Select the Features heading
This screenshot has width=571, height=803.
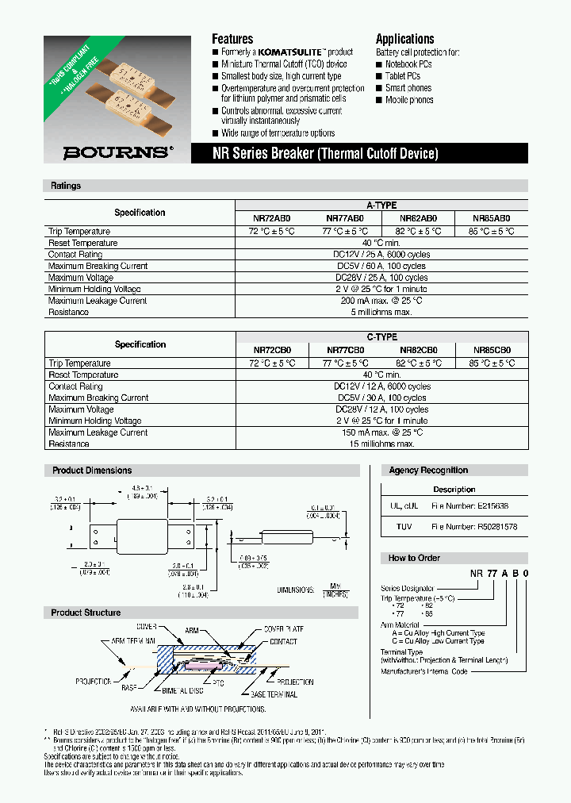pos(232,39)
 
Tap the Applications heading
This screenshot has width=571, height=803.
pos(404,39)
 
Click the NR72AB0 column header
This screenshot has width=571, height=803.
pos(272,217)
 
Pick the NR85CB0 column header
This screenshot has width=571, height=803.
pos(492,349)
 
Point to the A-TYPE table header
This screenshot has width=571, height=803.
pos(381,206)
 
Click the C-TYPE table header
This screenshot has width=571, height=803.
pos(381,337)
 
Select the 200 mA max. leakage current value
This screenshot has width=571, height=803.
pos(381,301)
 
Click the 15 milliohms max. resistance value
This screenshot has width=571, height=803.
pos(381,444)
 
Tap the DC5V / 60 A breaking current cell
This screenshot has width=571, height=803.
pos(381,266)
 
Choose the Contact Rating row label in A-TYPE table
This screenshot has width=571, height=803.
pos(75,255)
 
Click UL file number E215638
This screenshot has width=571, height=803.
pos(469,505)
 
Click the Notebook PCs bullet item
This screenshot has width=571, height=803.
pos(408,64)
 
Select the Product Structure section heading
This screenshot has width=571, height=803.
pos(86,613)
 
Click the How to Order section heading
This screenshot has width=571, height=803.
pos(414,558)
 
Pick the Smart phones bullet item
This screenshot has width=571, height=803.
pos(408,88)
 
